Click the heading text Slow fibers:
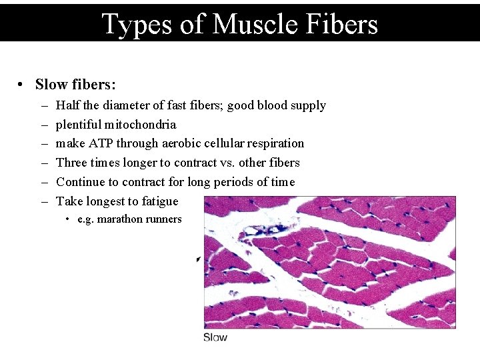(75, 85)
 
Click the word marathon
(120, 219)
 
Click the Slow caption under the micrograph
(215, 337)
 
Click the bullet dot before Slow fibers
(22, 85)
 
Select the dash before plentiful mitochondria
(43, 125)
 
